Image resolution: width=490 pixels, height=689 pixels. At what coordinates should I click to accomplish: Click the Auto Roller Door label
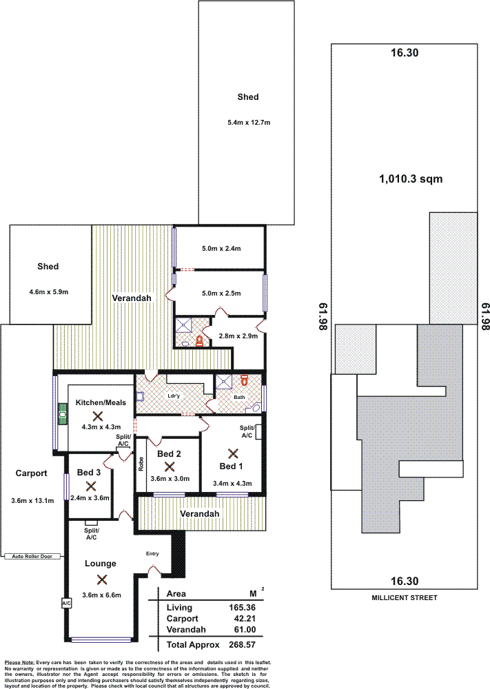[32, 556]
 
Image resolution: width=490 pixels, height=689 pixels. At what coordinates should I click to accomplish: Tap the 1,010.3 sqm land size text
[411, 179]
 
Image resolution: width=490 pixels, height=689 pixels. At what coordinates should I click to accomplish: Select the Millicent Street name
[405, 597]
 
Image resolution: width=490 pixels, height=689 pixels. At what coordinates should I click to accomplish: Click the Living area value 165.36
[242, 608]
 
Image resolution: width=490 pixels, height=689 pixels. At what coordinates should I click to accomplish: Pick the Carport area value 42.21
[245, 619]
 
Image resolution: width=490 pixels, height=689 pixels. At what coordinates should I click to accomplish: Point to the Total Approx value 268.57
[242, 645]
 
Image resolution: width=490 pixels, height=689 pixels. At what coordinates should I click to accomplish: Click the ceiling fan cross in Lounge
[102, 579]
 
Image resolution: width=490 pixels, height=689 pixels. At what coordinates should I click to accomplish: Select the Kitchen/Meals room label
[101, 402]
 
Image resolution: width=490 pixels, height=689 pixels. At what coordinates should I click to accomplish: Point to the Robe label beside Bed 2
[141, 464]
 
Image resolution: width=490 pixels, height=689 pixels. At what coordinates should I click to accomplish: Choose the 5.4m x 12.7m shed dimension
[249, 123]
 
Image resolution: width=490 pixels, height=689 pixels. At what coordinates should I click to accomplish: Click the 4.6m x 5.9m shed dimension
[49, 291]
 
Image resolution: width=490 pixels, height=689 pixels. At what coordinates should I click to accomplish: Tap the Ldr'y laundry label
[174, 396]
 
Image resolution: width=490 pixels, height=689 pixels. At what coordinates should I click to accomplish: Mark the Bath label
[239, 398]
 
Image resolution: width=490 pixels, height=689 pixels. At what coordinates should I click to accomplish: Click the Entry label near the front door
[152, 554]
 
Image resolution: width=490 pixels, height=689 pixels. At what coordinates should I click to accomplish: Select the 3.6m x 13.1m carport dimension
[32, 500]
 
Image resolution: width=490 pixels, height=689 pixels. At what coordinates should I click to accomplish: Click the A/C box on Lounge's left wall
[66, 604]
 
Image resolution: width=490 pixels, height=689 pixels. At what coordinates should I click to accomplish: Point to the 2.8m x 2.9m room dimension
[238, 336]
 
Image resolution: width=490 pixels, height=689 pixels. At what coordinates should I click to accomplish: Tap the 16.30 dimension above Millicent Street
[405, 582]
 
